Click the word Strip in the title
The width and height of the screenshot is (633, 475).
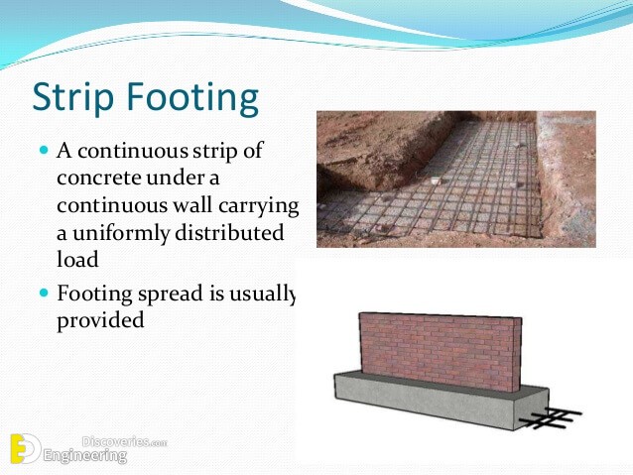pos(72,97)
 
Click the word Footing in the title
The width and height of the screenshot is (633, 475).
pos(192,97)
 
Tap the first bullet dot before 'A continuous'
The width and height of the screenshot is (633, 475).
pos(44,151)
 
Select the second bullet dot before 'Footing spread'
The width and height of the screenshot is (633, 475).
pos(44,293)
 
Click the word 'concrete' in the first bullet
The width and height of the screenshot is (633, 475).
pos(99,178)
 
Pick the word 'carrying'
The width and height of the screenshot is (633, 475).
pos(259,206)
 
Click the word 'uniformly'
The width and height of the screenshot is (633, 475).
pos(121,234)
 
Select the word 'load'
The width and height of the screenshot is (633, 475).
pos(77,259)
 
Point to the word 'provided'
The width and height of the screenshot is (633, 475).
pos(100,321)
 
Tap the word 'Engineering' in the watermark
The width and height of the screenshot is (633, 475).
pos(85,456)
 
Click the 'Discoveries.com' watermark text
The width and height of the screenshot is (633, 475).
pos(124,442)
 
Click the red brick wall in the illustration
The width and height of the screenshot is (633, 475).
pos(441,351)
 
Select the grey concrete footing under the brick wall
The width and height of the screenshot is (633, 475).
pos(442,401)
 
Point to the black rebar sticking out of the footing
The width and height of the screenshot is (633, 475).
pos(551,417)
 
